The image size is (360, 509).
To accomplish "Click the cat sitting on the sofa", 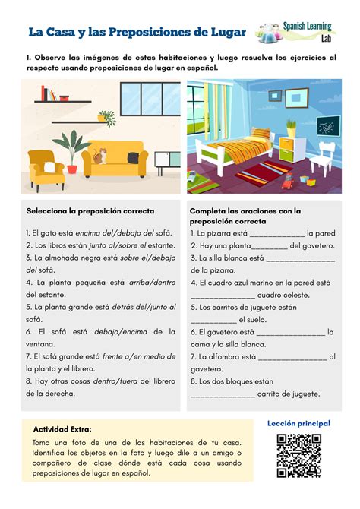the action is (99, 155).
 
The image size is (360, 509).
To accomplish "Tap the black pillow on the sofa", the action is (134, 158).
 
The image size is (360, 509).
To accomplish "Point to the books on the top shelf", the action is (48, 93).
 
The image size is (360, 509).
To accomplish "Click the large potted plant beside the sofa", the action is (73, 148).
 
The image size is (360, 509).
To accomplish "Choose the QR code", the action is (298, 455).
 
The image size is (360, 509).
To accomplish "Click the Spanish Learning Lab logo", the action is (298, 33).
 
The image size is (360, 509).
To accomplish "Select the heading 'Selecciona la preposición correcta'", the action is (90, 210).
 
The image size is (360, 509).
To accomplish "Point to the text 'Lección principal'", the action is (298, 422).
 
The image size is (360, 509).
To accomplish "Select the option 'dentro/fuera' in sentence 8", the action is (115, 380).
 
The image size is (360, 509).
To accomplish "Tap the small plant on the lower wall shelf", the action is (106, 118).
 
